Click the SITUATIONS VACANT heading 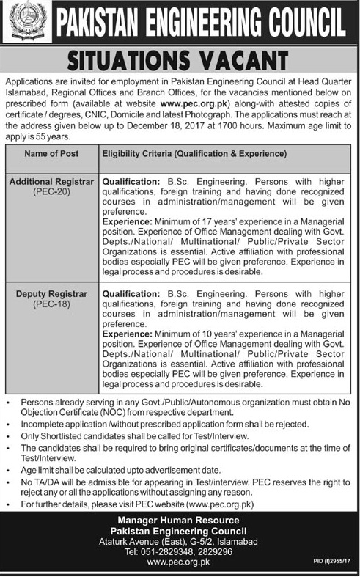pyautogui.click(x=180, y=57)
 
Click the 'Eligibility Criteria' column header pyautogui.click(x=194, y=154)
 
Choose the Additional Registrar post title pyautogui.click(x=50, y=180)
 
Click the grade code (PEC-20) pyautogui.click(x=50, y=190)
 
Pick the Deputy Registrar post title pyautogui.click(x=50, y=294)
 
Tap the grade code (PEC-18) pyautogui.click(x=50, y=304)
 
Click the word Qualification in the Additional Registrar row pyautogui.click(x=130, y=180)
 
